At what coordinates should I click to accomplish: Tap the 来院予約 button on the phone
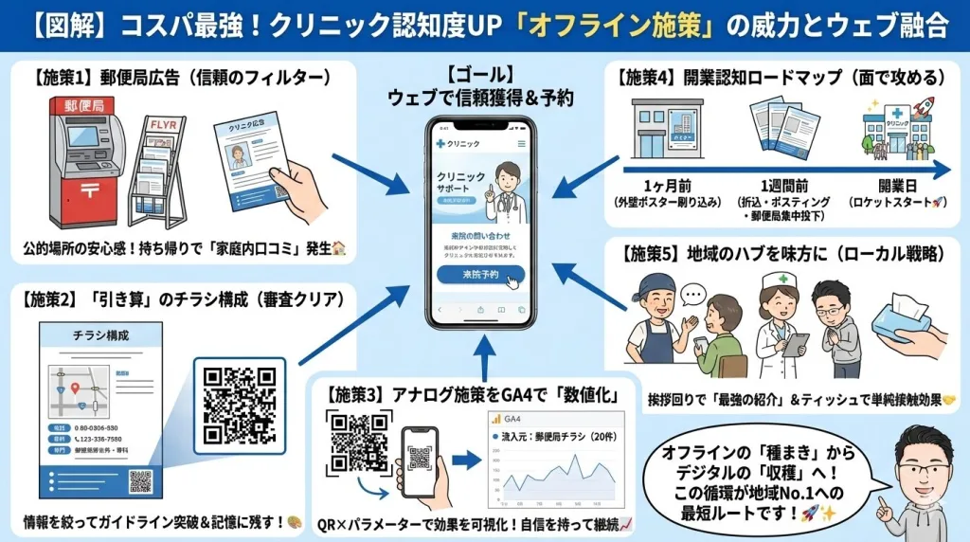click(x=480, y=275)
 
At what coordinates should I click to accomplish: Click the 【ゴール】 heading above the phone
click(x=481, y=74)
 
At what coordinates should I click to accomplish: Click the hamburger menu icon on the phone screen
click(x=522, y=143)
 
